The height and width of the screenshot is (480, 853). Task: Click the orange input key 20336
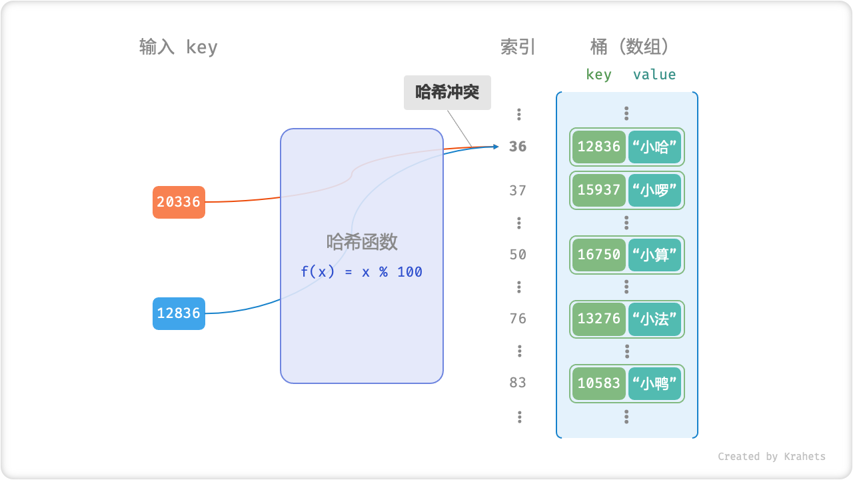tap(179, 202)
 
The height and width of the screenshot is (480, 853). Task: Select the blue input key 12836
tap(179, 313)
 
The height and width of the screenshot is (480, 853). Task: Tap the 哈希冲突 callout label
tap(447, 92)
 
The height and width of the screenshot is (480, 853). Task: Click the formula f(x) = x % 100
tap(361, 272)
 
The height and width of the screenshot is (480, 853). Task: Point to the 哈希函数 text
tap(362, 241)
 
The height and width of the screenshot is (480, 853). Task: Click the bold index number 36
tap(518, 147)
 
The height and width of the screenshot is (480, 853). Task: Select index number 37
tap(518, 191)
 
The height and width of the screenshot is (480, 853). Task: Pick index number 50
tap(518, 255)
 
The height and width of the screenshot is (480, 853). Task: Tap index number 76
tap(518, 319)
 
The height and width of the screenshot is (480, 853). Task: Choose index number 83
tap(518, 383)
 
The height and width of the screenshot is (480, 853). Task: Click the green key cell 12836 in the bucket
tap(598, 147)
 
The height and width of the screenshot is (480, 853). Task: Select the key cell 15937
tap(598, 191)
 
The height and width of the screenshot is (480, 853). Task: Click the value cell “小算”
tap(654, 255)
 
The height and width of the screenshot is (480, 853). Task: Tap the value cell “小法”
tap(654, 319)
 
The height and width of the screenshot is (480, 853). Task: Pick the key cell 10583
tap(598, 383)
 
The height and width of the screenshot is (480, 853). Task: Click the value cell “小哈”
tap(654, 147)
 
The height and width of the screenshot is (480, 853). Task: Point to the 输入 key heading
tap(178, 47)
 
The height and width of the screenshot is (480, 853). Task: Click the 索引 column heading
tap(518, 47)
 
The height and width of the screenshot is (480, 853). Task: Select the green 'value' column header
tap(654, 75)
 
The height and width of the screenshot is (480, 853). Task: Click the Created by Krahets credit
tap(771, 457)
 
